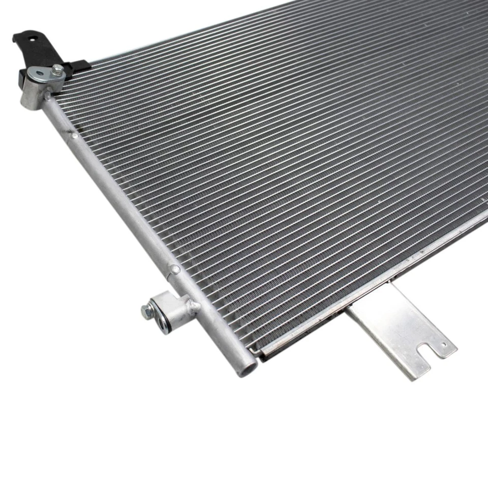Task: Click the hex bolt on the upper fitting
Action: [57, 69]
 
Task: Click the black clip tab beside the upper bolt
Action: [80, 65]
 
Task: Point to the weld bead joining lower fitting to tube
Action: [193, 306]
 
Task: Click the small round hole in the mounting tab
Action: [443, 344]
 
